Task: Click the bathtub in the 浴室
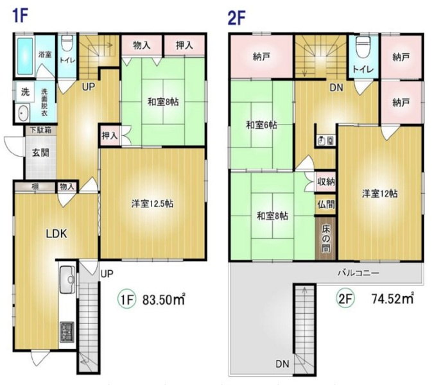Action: pos(25,56)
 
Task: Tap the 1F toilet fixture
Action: pos(66,43)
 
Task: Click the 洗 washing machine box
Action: pos(25,92)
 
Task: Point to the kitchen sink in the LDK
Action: pos(67,280)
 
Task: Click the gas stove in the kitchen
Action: pos(67,332)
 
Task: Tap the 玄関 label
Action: pos(40,153)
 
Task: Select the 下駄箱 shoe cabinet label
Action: pos(40,130)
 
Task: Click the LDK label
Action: pos(56,234)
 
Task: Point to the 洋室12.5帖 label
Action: pos(152,204)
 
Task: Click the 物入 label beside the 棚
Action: pos(67,187)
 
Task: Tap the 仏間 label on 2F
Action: pos(325,205)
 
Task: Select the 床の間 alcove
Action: pos(325,238)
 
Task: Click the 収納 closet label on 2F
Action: pos(325,182)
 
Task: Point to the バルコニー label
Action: pos(358,273)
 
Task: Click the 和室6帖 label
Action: pos(261,125)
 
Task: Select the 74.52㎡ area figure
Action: pos(392,298)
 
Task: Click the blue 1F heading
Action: pos(20,16)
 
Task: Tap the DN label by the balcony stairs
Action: pos(282,364)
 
